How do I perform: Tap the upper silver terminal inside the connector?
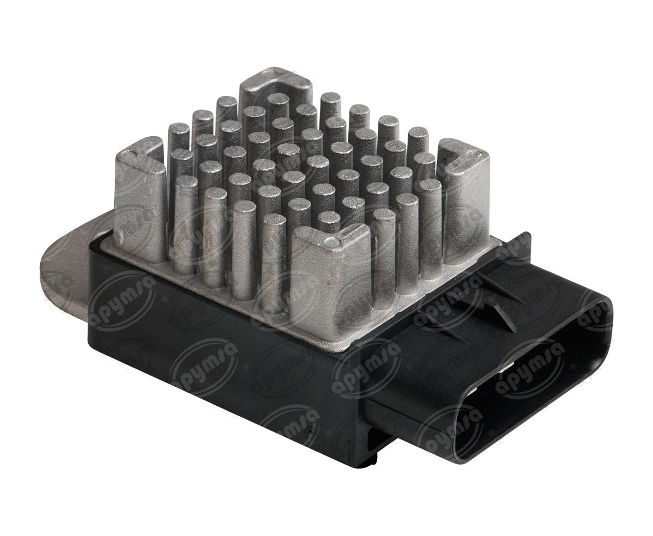[509, 366]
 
